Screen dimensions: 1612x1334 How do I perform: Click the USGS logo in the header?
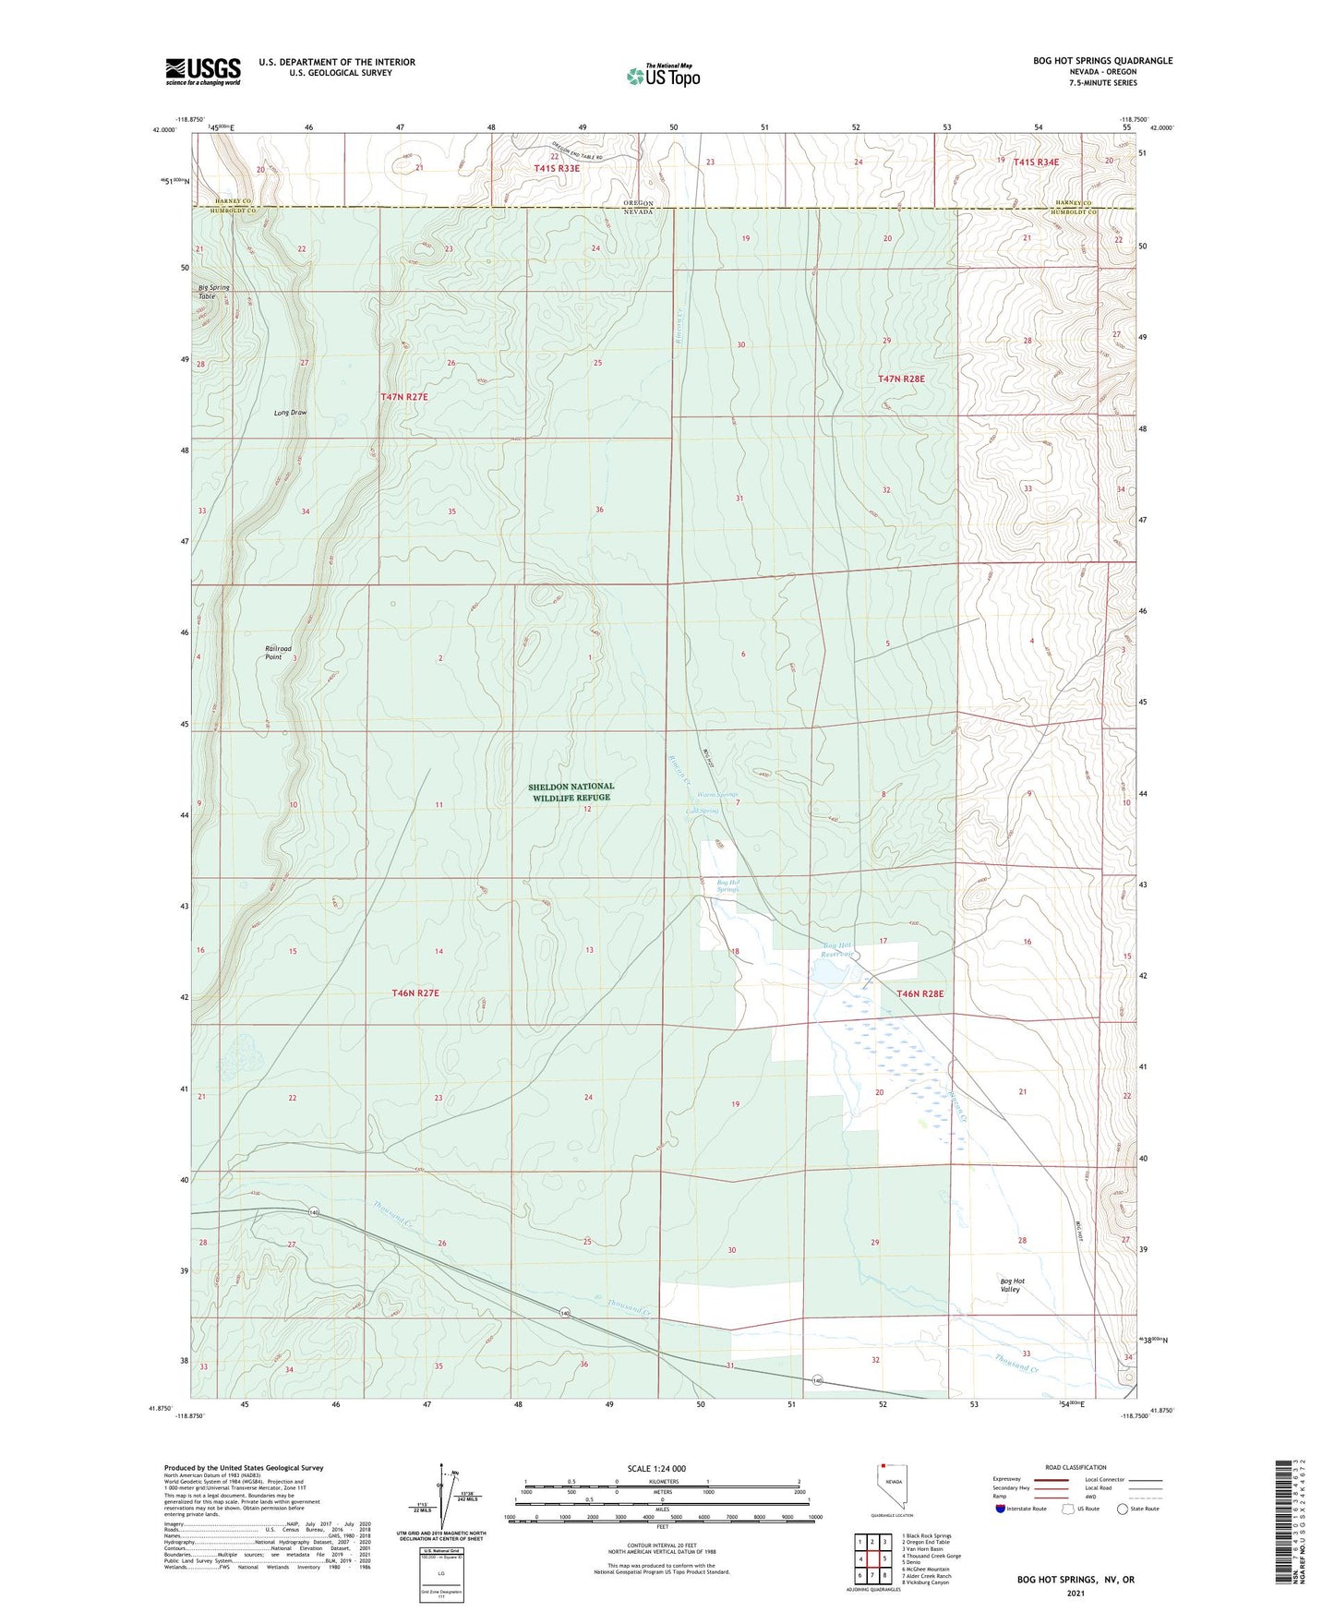202,71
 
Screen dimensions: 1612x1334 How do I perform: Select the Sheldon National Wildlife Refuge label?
571,792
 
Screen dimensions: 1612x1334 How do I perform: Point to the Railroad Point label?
278,653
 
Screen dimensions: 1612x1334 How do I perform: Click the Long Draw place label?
290,413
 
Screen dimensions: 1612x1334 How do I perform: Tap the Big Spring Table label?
213,292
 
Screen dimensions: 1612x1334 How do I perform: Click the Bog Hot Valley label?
1012,1285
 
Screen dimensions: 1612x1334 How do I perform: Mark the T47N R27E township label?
404,396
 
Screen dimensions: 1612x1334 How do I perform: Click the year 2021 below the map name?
1076,1593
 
